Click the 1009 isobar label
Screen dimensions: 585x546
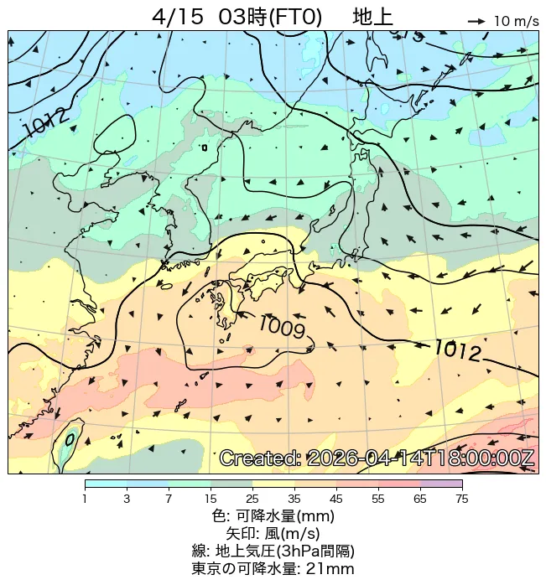(281, 326)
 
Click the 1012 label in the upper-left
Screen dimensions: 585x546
(47, 124)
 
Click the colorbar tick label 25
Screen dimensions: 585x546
(252, 500)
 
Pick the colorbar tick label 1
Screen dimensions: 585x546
(85, 500)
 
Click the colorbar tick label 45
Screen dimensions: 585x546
(335, 500)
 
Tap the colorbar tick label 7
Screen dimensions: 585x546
(169, 500)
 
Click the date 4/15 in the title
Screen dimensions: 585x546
(179, 17)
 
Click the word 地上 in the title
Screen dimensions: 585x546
(372, 17)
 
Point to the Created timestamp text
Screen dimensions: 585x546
(377, 458)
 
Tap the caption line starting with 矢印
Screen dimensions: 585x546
(273, 533)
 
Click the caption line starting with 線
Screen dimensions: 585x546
(273, 551)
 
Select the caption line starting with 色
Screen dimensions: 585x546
(273, 515)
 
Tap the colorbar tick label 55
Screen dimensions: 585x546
(377, 500)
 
